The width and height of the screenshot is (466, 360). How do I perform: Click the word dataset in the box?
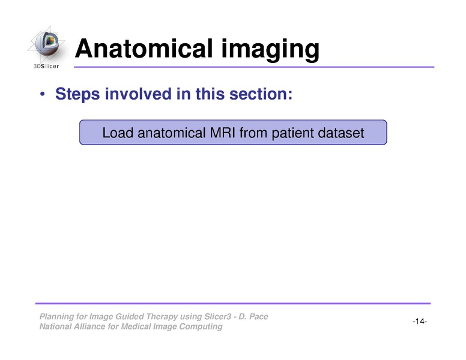pos(340,133)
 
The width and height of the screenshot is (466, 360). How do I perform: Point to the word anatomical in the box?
pos(168,133)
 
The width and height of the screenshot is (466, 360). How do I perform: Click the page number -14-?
pos(419,322)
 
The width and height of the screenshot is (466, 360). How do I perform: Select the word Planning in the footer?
pos(55,317)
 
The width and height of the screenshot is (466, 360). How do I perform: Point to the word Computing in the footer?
pos(202,327)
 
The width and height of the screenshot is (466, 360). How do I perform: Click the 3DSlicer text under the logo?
pos(46,67)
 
